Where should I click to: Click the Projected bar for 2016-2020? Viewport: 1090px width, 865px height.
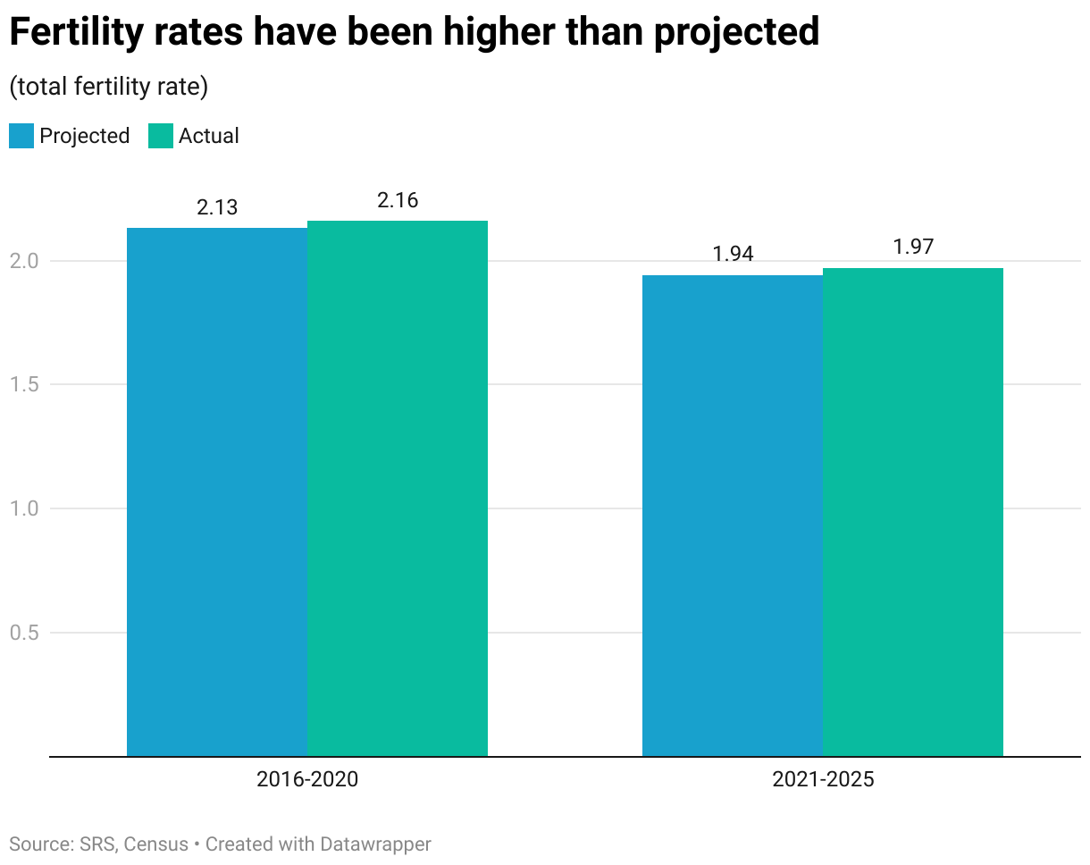[x=217, y=491]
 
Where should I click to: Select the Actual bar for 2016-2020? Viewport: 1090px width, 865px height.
[x=398, y=488]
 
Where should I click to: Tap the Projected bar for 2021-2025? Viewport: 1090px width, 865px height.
[x=733, y=516]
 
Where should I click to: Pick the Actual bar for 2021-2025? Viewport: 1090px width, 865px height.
[x=913, y=512]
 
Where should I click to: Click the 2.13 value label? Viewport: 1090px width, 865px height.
[x=217, y=207]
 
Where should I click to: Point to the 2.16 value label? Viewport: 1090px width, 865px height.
[x=398, y=200]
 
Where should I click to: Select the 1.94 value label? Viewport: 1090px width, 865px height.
[x=733, y=255]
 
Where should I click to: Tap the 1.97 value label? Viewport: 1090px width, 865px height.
[x=913, y=248]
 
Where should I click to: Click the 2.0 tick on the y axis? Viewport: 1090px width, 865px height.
[x=25, y=261]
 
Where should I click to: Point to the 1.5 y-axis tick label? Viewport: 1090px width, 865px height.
[x=25, y=385]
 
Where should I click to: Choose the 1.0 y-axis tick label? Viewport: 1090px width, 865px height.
[x=25, y=508]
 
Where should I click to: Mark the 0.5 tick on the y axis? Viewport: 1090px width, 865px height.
[x=25, y=633]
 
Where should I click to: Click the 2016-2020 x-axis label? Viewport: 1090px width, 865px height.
[x=307, y=779]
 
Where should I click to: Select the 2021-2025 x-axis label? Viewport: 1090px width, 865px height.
[x=823, y=779]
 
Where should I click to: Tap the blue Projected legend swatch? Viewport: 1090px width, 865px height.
[x=21, y=136]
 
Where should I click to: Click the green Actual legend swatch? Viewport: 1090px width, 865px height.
[x=160, y=136]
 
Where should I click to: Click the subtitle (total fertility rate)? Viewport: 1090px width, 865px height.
[x=108, y=87]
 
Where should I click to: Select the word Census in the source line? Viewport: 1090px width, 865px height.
[x=157, y=844]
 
